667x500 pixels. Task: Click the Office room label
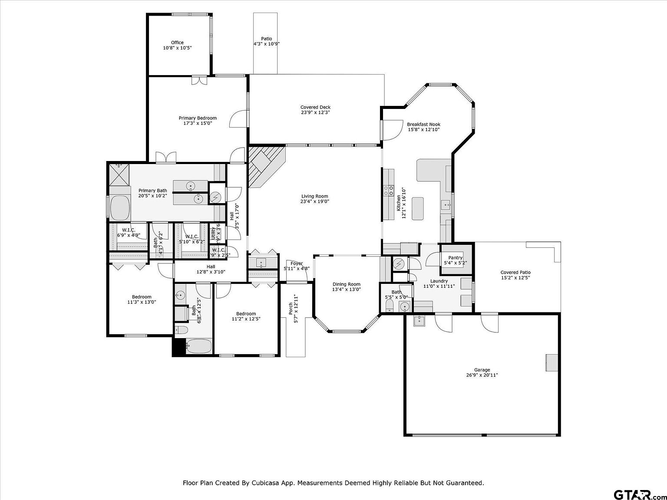[177, 43]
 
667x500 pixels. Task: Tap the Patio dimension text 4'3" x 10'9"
[266, 44]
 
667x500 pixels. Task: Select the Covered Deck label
[315, 107]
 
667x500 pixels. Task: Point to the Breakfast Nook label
[423, 125]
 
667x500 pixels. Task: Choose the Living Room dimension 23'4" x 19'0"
[315, 201]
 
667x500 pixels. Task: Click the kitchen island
[417, 209]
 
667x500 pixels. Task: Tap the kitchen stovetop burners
[388, 191]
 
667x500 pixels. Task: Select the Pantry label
[456, 258]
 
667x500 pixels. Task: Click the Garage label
[482, 370]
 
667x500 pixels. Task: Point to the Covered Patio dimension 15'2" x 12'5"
[515, 278]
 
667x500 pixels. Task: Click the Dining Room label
[346, 284]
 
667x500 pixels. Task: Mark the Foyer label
[297, 263]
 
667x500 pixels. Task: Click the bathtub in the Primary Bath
[120, 208]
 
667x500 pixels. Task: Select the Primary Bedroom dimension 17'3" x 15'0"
[198, 123]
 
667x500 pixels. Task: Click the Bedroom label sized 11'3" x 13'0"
[142, 297]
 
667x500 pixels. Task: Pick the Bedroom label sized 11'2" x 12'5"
[246, 314]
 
